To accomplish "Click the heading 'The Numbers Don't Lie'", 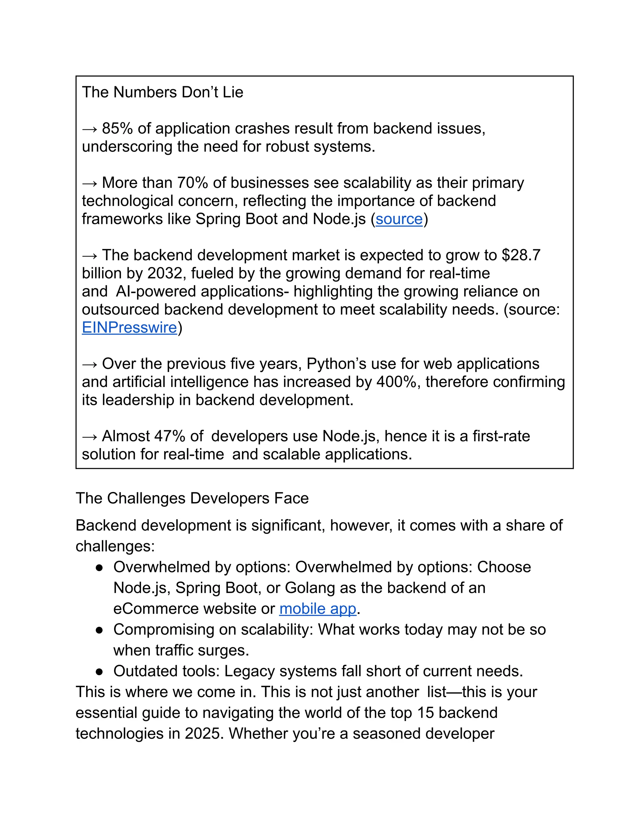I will (x=162, y=93).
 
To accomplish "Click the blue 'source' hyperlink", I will (x=399, y=219).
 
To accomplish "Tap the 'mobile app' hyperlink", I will (x=318, y=608).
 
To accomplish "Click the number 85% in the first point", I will (x=117, y=129).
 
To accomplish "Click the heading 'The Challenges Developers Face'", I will (x=192, y=499).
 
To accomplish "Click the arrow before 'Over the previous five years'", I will (x=90, y=364).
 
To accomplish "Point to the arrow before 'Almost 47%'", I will (x=90, y=437).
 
